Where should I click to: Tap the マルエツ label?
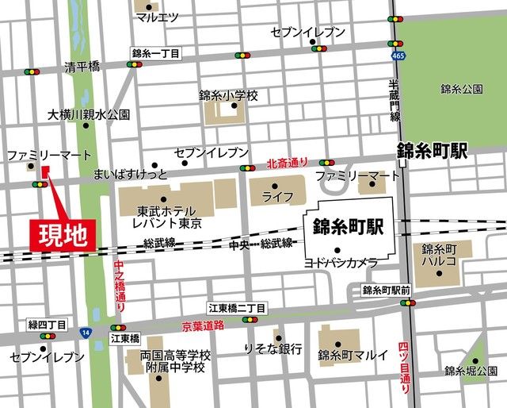[157, 17]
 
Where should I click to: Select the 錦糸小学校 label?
[229, 95]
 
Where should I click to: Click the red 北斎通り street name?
[287, 163]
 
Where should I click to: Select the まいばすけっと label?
[131, 172]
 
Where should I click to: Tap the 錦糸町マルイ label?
[353, 355]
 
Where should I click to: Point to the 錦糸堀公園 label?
[471, 371]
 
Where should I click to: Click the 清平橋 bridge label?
[82, 67]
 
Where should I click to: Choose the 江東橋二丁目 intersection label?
[238, 307]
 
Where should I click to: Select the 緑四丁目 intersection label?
[48, 325]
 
